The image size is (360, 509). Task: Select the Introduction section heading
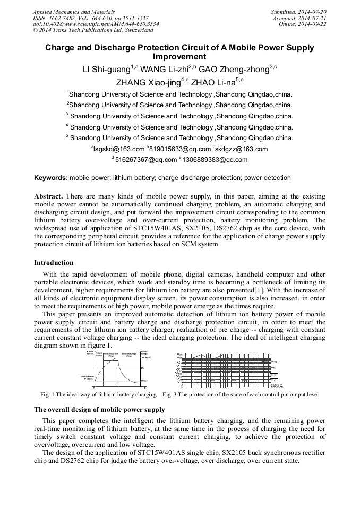coord(54,262)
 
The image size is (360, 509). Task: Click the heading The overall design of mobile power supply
coord(99,409)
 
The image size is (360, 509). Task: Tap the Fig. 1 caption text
coord(98,394)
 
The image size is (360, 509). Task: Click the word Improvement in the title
coord(179,56)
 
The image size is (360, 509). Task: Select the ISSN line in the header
coord(90,18)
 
